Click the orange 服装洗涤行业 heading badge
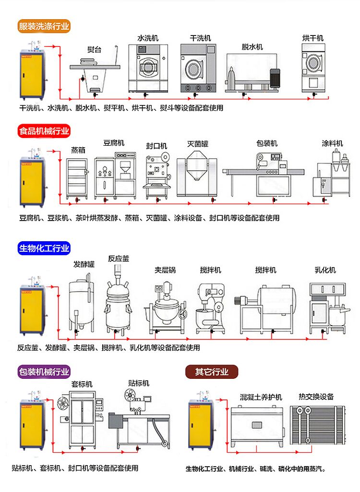(44, 26)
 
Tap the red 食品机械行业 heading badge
(44, 131)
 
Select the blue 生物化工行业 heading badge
(44, 248)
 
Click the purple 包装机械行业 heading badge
(44, 372)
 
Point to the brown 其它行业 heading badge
(212, 372)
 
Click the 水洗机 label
(148, 38)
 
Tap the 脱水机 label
(252, 47)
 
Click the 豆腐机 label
(114, 143)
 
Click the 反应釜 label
(119, 258)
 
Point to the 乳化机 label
(325, 270)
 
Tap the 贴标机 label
(139, 383)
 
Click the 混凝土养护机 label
(261, 398)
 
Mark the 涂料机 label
(332, 143)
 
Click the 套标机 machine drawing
(82, 417)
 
